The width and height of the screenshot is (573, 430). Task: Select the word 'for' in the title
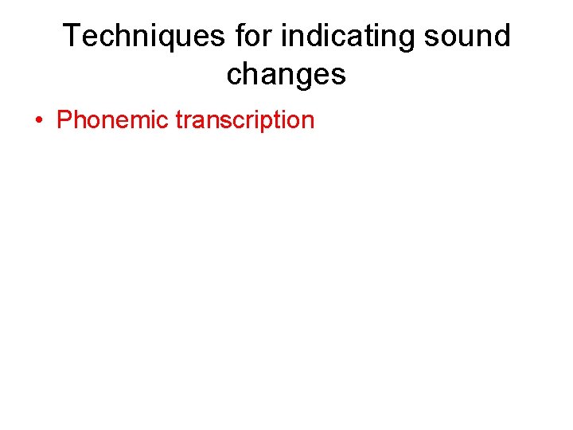(254, 37)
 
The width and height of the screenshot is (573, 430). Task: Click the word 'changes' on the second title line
(286, 75)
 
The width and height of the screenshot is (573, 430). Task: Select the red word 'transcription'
(245, 120)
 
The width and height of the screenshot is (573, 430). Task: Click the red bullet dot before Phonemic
(38, 121)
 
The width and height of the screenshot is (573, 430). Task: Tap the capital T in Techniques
(72, 37)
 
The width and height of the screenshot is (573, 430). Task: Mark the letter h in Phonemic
(80, 120)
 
